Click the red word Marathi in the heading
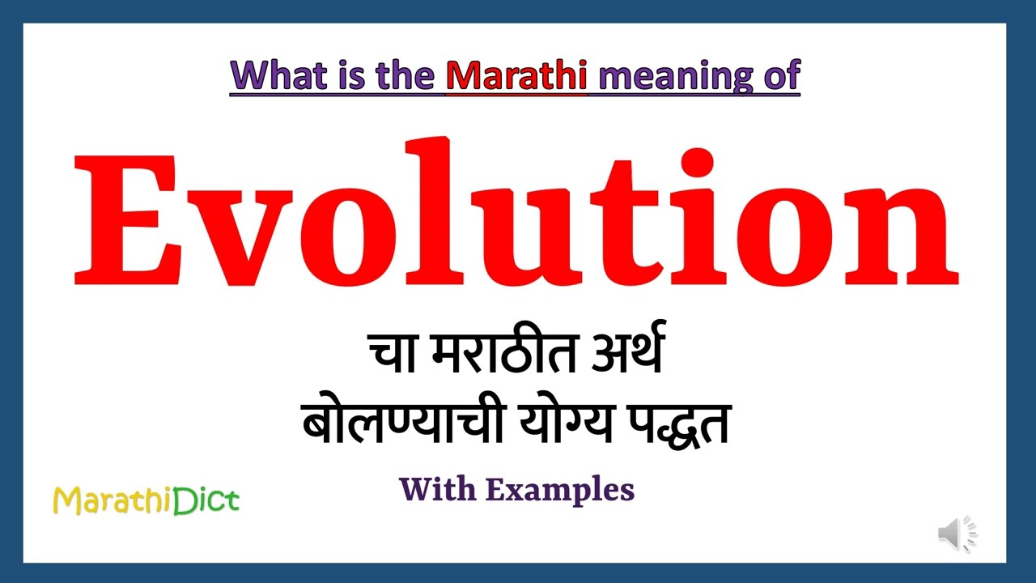pos(516,74)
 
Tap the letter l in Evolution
pos(434,211)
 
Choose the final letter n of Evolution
pos(901,235)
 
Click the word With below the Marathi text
pos(438,489)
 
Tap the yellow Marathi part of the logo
pos(113,500)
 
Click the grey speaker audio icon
pos(957,533)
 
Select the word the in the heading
pos(405,74)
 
